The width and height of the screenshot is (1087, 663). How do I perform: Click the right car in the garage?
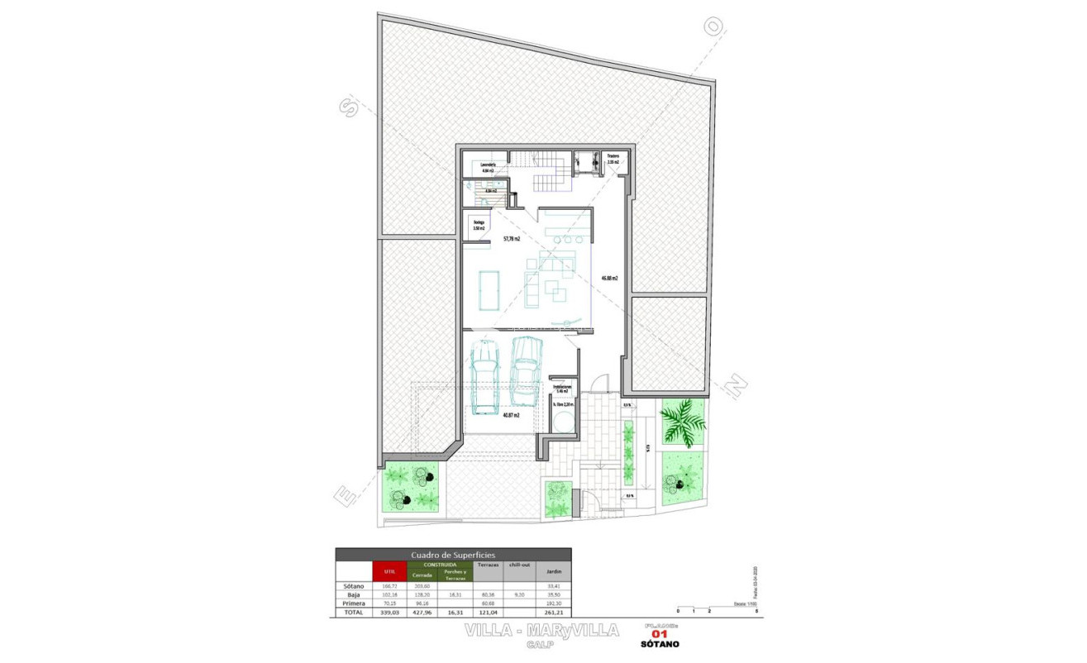pos(526,370)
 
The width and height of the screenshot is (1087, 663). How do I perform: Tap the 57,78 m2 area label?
pos(511,239)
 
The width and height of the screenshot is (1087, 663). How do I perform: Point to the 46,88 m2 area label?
pos(610,278)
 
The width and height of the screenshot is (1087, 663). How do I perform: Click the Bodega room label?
pos(479,224)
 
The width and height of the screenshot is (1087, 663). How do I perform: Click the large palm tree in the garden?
pos(683,420)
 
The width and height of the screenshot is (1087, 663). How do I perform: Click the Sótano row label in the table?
pos(353,586)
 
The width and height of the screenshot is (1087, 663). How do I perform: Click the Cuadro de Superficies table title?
pos(452,555)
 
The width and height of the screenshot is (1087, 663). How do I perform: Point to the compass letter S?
pos(347,106)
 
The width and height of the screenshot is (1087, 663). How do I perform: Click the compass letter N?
pos(736,383)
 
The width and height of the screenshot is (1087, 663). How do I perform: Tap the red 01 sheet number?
pos(660,634)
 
